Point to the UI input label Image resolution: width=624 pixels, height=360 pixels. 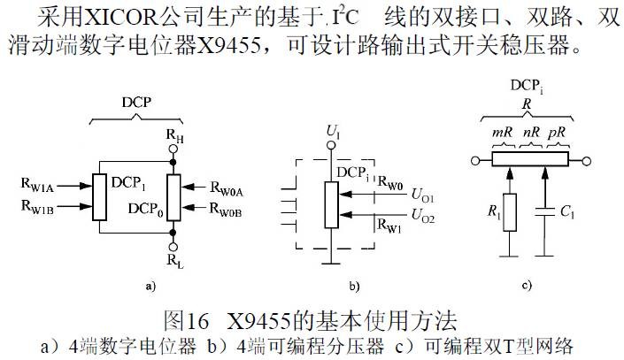pyautogui.click(x=333, y=134)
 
